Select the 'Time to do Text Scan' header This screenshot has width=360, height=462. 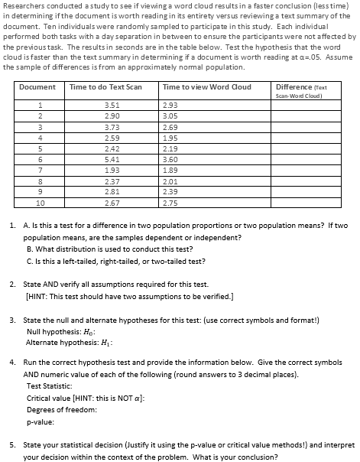(105, 88)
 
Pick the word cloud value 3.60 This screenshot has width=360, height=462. (170, 159)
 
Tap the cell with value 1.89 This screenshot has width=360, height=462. (170, 171)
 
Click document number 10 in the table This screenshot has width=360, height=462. (41, 204)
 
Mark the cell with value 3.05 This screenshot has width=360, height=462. (170, 115)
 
